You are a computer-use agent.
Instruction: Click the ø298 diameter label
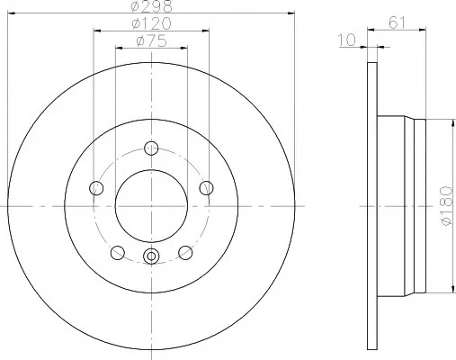[152, 6]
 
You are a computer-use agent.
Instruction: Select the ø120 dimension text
[151, 23]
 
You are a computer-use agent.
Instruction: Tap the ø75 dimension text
[151, 41]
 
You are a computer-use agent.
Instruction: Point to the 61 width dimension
[397, 22]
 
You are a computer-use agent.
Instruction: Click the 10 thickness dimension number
[347, 40]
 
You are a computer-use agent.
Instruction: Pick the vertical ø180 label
[446, 206]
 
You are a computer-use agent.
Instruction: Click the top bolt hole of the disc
[151, 148]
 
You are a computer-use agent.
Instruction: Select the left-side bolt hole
[96, 188]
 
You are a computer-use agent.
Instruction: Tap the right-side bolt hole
[206, 188]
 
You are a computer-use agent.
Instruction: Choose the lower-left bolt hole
[118, 253]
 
